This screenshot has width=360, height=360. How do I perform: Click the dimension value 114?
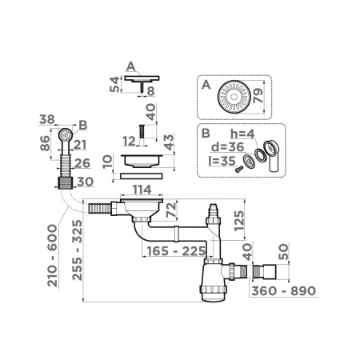coord(142,189)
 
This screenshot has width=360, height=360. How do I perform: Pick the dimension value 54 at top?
coord(114,85)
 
